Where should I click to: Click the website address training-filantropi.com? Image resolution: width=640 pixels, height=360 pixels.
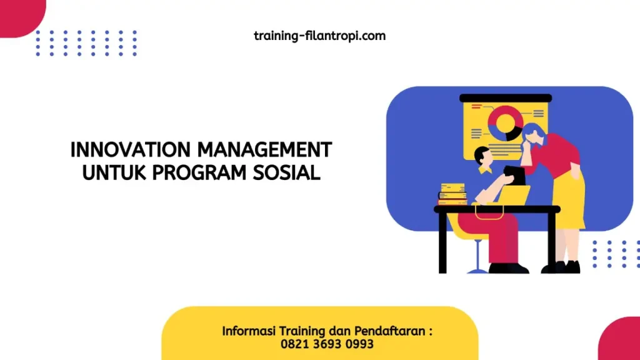point(319,36)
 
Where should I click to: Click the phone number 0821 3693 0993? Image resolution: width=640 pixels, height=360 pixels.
point(327,344)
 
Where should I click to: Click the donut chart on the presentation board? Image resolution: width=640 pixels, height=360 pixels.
point(504,122)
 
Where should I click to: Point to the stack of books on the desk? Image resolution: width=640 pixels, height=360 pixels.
point(452,194)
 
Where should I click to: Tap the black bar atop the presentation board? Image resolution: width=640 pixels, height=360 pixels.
point(505,97)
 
